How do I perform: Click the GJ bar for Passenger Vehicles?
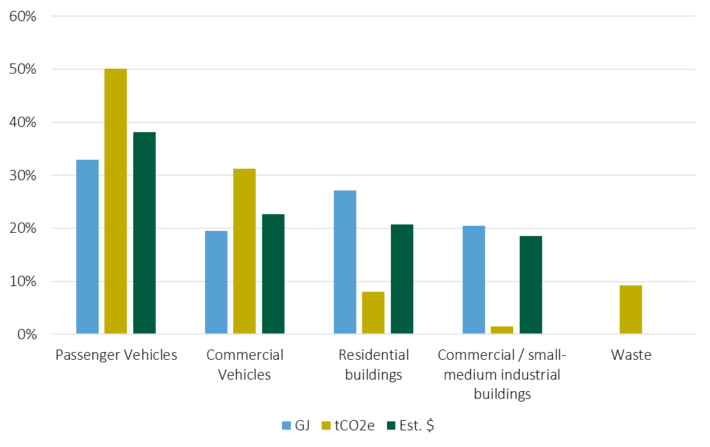pyautogui.click(x=87, y=247)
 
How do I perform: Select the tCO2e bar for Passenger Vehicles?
pyautogui.click(x=115, y=201)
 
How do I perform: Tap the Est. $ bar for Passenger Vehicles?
pyautogui.click(x=144, y=233)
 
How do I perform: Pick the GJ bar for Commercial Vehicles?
pyautogui.click(x=216, y=282)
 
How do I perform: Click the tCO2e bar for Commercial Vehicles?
pyautogui.click(x=244, y=251)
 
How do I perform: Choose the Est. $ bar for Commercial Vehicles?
pyautogui.click(x=273, y=274)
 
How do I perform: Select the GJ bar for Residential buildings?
pyautogui.click(x=345, y=262)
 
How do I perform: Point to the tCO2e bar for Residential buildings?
pyautogui.click(x=373, y=313)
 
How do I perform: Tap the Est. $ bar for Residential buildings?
pyautogui.click(x=402, y=279)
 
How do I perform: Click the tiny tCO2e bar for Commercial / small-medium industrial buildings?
pyautogui.click(x=502, y=330)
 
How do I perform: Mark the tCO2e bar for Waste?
pyautogui.click(x=631, y=310)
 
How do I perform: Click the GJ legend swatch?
pyautogui.click(x=286, y=426)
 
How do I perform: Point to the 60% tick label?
pyautogui.click(x=22, y=16)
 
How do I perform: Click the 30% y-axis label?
pyautogui.click(x=22, y=175)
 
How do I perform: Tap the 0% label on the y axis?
pyautogui.click(x=26, y=334)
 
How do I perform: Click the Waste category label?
pyautogui.click(x=631, y=355)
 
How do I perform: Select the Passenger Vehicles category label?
pyautogui.click(x=116, y=355)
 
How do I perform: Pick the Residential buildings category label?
pyautogui.click(x=373, y=364)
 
